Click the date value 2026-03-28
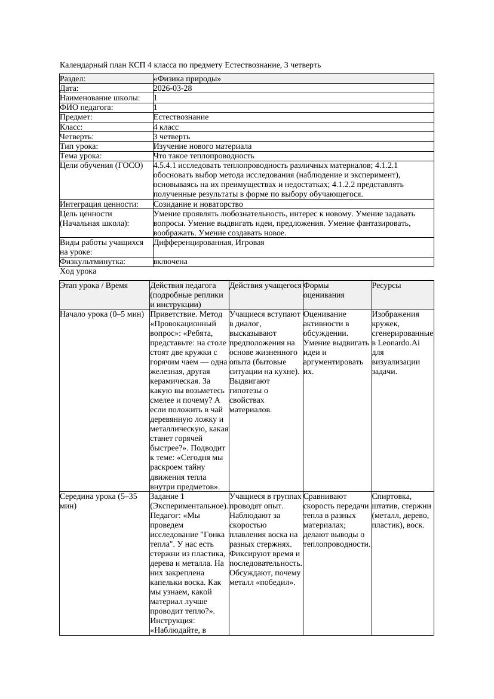[x=173, y=88]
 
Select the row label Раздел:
[x=73, y=79]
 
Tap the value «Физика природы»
[x=187, y=79]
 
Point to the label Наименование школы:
[x=100, y=98]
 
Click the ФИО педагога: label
[x=87, y=108]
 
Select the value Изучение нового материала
[x=202, y=146]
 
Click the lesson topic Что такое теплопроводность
[x=204, y=156]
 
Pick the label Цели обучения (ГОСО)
[x=102, y=165]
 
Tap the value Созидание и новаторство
[x=198, y=204]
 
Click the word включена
[x=170, y=262]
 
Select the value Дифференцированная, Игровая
[x=208, y=243]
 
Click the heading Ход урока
[x=78, y=271]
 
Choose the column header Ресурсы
[x=386, y=286]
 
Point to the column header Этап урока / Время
[x=94, y=286]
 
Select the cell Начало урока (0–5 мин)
[x=102, y=314]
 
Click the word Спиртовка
[x=391, y=496]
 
